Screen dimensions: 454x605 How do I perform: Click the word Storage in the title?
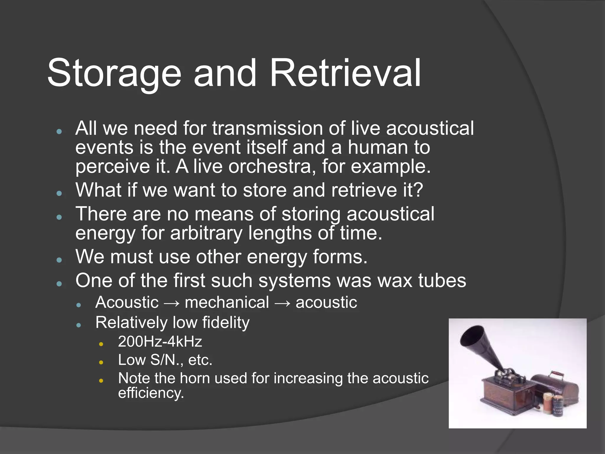[x=114, y=73]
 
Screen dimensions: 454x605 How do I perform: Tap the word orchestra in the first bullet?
[x=270, y=166]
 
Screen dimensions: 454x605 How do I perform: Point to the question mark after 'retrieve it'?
[x=419, y=190]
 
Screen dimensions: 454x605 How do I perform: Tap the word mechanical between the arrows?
[x=227, y=303]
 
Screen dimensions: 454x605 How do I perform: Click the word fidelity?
[x=226, y=322]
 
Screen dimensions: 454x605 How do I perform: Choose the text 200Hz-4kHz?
[x=160, y=342]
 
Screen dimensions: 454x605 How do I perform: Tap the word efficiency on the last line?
[x=151, y=393]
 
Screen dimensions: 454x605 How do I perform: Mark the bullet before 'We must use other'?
[x=59, y=260]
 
